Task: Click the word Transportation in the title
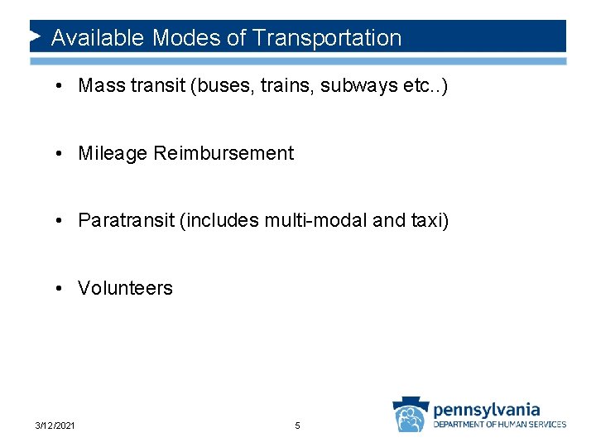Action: [327, 38]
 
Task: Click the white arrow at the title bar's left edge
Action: [36, 37]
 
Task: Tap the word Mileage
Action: [113, 153]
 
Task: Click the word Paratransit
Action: [123, 221]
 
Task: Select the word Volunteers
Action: [125, 288]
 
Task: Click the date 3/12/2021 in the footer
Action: [55, 425]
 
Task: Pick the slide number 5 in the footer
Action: [298, 425]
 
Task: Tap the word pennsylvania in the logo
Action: [487, 409]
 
